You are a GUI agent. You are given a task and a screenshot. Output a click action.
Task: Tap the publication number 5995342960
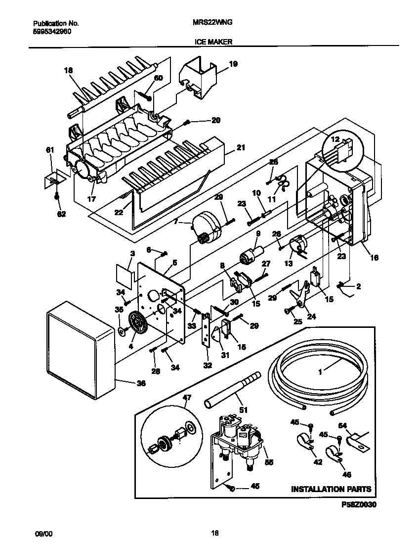point(52,31)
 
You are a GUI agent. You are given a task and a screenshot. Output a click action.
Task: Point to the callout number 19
point(233,64)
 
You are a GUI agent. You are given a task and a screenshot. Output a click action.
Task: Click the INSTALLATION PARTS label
point(331,489)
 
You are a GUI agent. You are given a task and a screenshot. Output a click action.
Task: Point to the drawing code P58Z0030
point(359,505)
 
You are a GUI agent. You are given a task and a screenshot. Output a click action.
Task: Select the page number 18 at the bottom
point(214,533)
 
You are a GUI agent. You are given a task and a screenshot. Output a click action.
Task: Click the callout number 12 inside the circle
point(335,140)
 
